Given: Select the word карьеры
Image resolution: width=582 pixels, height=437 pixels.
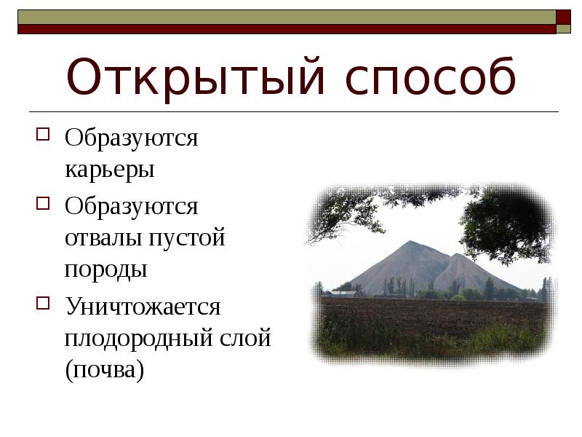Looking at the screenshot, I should [x=109, y=170].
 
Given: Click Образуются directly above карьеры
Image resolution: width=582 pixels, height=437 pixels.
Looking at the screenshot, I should [x=131, y=137].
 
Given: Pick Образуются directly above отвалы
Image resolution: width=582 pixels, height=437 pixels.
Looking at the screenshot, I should [x=131, y=206].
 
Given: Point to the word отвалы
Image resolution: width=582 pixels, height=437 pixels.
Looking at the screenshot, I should [x=105, y=238].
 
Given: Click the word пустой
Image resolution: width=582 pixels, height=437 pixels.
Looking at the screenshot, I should [x=188, y=238].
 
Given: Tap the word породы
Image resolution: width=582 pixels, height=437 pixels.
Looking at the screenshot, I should [x=105, y=269].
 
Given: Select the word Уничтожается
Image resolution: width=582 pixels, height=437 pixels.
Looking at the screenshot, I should [x=143, y=306].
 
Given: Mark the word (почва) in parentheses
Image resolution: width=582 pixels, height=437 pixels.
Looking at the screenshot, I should [x=104, y=370].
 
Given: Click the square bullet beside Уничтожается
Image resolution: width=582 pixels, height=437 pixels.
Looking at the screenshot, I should [x=43, y=302].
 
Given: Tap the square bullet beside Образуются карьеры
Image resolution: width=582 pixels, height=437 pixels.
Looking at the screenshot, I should [x=43, y=133].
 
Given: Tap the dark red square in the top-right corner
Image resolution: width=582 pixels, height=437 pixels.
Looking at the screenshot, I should [x=563, y=17].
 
